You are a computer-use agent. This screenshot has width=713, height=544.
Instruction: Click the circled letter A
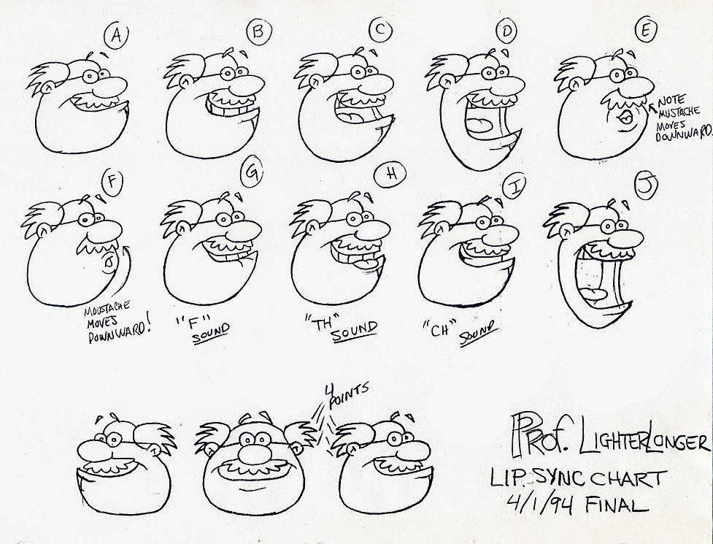pyautogui.click(x=116, y=35)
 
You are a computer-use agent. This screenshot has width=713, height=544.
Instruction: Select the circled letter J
pyautogui.click(x=646, y=186)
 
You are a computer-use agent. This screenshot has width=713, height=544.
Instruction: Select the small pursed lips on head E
pyautogui.click(x=623, y=118)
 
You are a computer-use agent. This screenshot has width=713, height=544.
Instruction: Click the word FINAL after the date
pyautogui.click(x=617, y=504)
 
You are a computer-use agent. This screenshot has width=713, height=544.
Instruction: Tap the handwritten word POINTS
pyautogui.click(x=348, y=394)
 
